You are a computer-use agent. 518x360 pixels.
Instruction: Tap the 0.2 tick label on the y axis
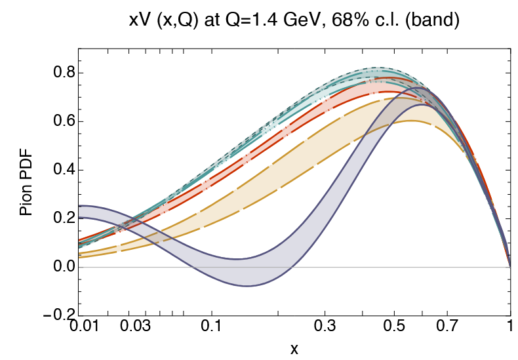pos(62,219)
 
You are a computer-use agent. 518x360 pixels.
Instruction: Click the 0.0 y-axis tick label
pos(62,268)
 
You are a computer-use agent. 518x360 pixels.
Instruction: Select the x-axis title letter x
pos(294,349)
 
